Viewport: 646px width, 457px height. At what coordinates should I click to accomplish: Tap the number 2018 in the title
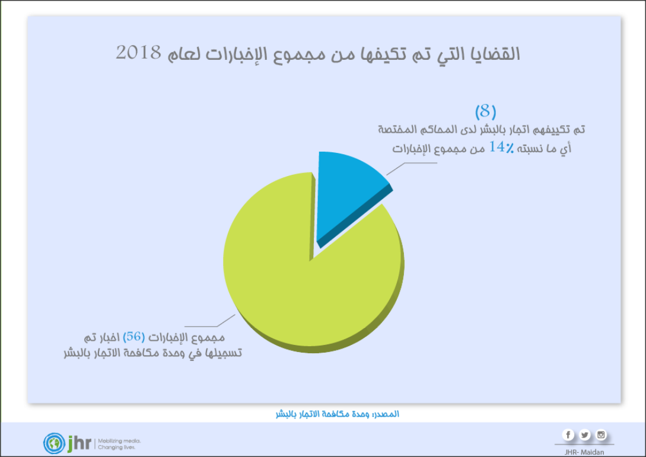pos(138,53)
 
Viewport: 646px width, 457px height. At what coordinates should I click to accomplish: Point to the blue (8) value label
pos(485,111)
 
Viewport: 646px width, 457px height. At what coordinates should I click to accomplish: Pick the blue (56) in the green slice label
pos(133,337)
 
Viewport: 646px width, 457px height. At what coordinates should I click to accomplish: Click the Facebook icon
pos(568,435)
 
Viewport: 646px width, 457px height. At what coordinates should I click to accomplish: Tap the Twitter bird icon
pos(585,435)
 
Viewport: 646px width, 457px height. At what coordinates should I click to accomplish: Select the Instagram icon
pos(601,435)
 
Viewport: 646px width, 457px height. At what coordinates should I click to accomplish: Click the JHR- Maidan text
pos(584,452)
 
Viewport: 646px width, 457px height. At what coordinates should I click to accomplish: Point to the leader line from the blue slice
pos(409,166)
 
